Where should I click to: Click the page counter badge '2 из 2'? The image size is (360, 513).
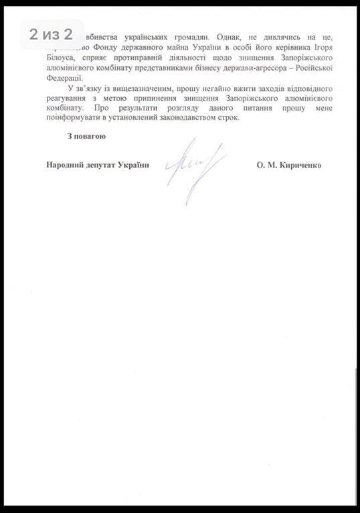point(50,34)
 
